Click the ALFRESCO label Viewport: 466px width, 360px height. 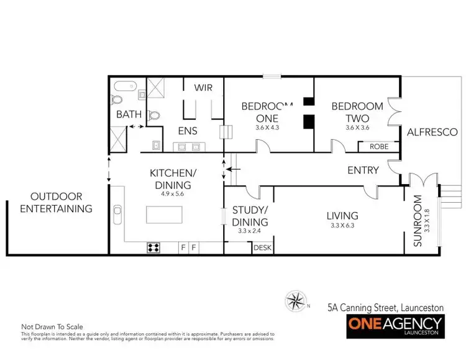(x=432, y=132)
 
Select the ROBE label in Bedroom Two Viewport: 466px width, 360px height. (x=379, y=147)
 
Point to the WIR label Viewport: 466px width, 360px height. (x=204, y=88)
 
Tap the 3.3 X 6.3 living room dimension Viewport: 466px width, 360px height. (x=342, y=226)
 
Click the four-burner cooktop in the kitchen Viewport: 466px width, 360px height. (x=153, y=247)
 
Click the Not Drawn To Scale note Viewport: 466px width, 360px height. (x=52, y=326)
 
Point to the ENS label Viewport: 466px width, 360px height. (x=188, y=131)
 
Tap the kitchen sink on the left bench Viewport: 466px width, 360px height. (x=117, y=210)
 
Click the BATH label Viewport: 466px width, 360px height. (x=129, y=114)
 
